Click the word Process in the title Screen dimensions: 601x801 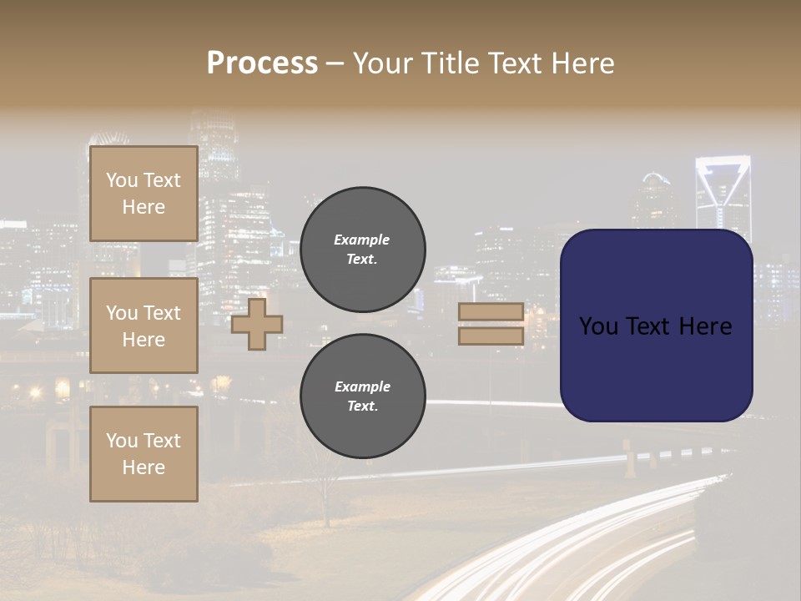click(x=262, y=63)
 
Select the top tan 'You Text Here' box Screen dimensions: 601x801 click(x=144, y=194)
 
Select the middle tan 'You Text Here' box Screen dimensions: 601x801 click(x=144, y=326)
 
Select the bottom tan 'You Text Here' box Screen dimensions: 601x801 click(x=144, y=454)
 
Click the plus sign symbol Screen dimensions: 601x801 click(x=257, y=325)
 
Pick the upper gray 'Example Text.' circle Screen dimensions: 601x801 click(x=362, y=250)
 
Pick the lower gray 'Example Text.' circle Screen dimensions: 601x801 click(x=362, y=396)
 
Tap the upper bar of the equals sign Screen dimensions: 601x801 click(x=491, y=312)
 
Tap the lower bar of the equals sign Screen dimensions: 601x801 click(x=491, y=336)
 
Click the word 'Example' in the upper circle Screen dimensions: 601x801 click(x=362, y=240)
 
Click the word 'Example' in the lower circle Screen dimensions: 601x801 click(x=362, y=386)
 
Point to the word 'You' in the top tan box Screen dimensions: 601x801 click(x=122, y=180)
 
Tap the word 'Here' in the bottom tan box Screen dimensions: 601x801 click(x=144, y=467)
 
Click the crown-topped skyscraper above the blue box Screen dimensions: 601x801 click(x=723, y=192)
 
